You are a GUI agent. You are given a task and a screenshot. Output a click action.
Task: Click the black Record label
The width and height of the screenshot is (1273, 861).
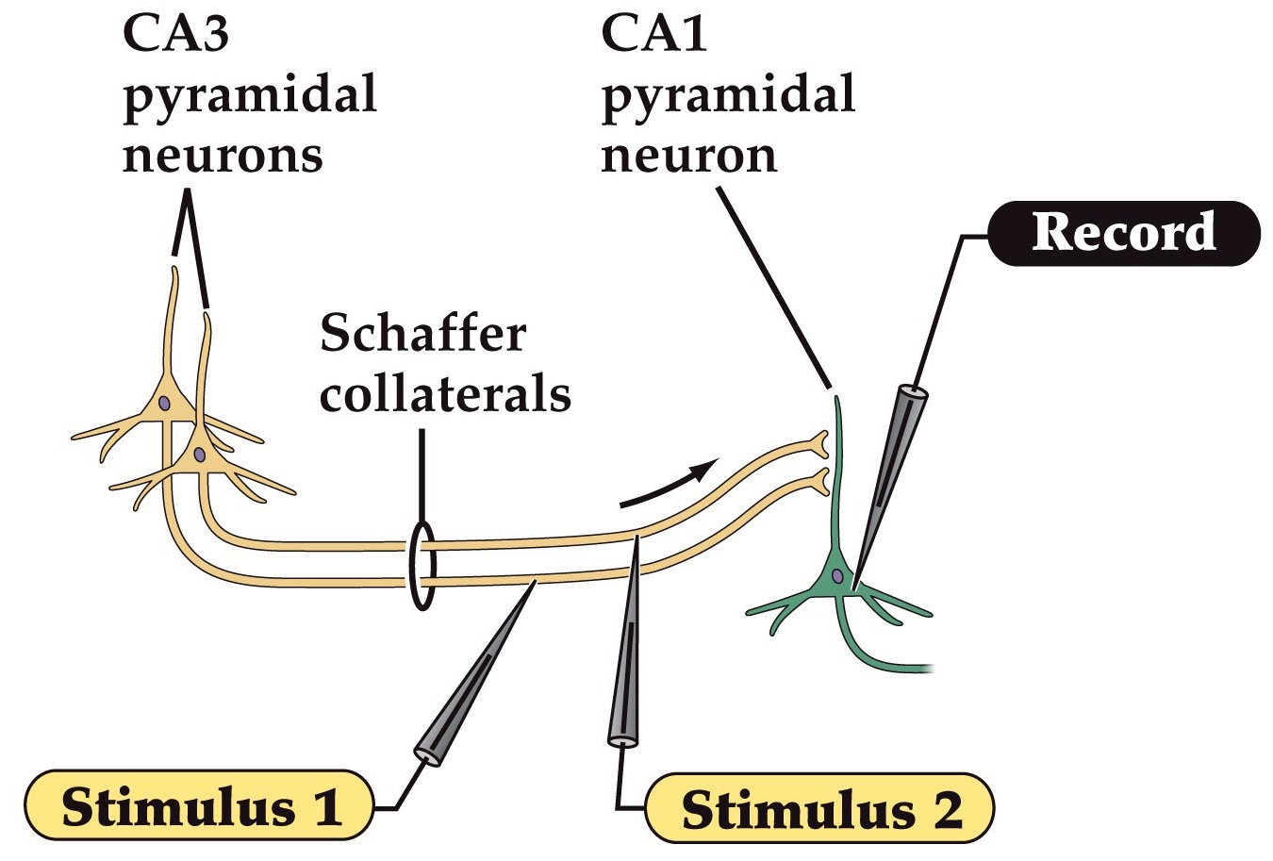click(x=1124, y=233)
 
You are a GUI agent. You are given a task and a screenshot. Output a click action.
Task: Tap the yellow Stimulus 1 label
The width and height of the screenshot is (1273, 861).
click(x=200, y=806)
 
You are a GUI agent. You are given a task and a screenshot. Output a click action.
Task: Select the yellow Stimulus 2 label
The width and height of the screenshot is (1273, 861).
click(x=820, y=808)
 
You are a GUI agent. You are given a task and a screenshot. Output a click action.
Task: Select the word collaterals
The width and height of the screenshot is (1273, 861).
click(x=445, y=394)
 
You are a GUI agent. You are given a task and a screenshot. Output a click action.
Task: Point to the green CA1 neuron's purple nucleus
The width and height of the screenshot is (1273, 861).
click(x=836, y=575)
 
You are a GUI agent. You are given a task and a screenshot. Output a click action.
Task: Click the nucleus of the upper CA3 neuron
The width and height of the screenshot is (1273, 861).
click(x=164, y=404)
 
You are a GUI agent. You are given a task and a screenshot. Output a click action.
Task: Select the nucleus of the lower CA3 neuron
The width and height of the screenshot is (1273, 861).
click(x=199, y=455)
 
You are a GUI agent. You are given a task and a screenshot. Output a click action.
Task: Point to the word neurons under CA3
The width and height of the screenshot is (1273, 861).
click(x=223, y=156)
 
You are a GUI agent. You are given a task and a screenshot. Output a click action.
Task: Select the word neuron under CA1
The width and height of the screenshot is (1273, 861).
click(x=689, y=156)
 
